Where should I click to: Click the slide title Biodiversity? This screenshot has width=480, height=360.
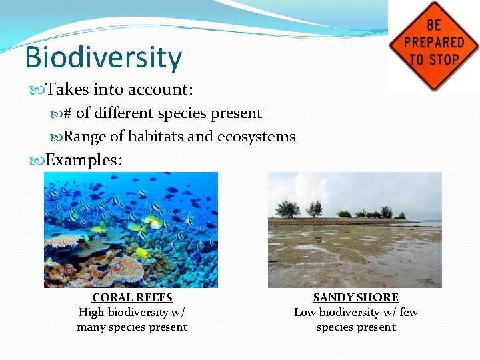(103, 57)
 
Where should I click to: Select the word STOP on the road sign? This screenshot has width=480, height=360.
(446, 59)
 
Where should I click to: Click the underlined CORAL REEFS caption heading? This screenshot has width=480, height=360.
(132, 298)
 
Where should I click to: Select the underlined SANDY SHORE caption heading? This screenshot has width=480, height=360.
(356, 298)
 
